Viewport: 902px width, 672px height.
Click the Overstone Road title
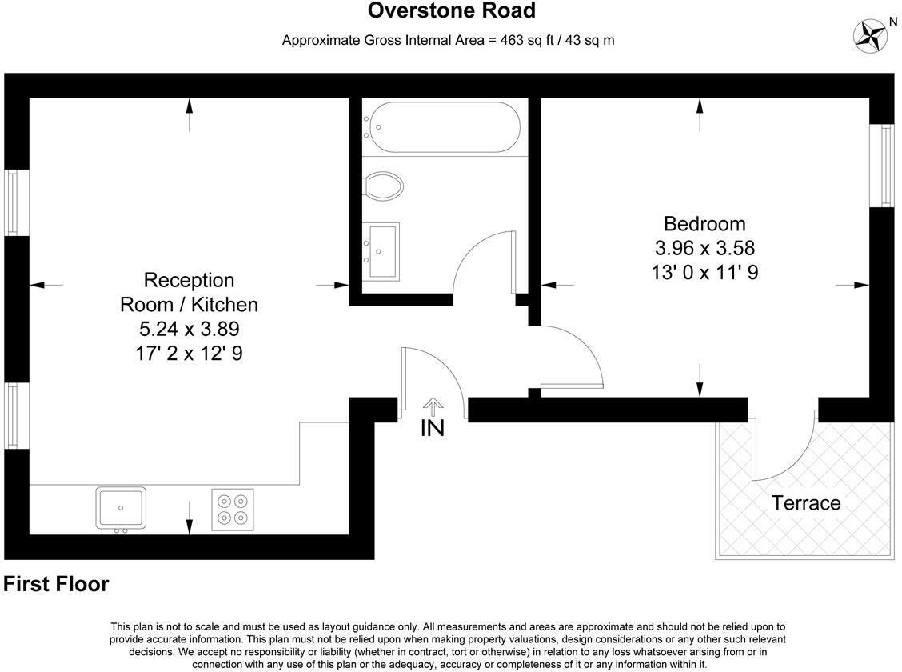point(451,11)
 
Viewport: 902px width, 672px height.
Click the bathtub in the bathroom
point(442,126)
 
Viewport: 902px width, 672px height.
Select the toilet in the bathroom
point(385,186)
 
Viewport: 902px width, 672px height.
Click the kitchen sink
point(121,508)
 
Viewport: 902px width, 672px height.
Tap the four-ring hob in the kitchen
point(233,510)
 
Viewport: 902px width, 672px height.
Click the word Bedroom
point(704,224)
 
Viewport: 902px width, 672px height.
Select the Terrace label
point(805,503)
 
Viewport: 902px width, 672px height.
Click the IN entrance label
point(433,428)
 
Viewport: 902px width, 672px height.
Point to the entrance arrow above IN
point(433,406)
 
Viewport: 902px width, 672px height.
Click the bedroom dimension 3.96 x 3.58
point(704,248)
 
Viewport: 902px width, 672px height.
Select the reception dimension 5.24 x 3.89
point(190,328)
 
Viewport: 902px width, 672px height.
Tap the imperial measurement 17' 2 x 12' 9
point(190,352)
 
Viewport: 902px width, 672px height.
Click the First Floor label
point(56,585)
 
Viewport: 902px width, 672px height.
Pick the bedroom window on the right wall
point(886,165)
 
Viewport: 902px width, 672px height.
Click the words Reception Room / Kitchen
point(190,292)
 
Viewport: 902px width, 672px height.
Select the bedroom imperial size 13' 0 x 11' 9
point(704,272)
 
